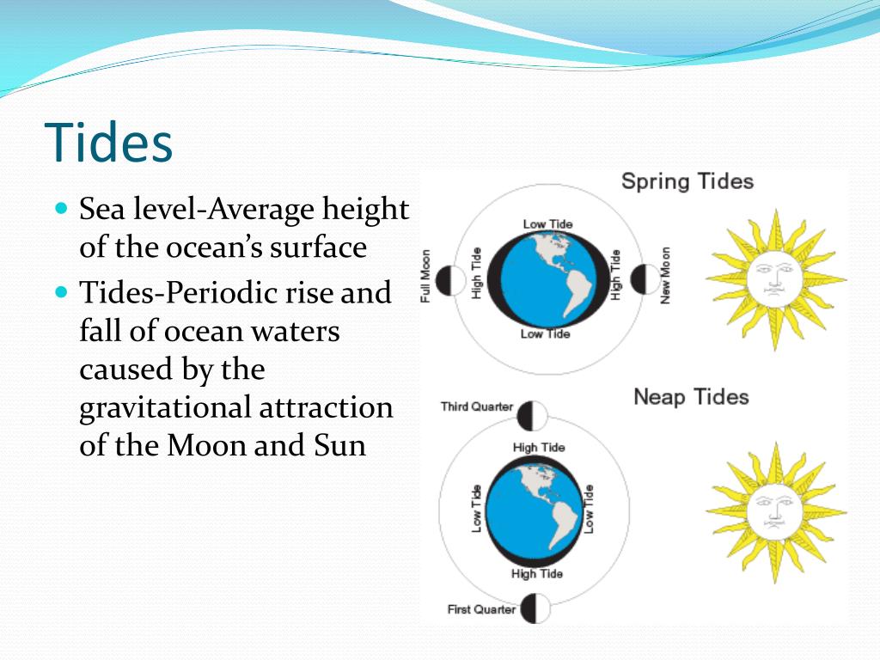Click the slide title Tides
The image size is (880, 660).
tap(108, 143)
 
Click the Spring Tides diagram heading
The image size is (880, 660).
tap(687, 181)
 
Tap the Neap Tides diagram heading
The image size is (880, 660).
tap(691, 397)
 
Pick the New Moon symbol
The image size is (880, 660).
tap(643, 279)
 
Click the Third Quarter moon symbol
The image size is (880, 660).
tap(533, 415)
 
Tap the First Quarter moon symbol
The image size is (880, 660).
tap(535, 608)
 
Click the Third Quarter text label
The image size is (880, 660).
tap(476, 406)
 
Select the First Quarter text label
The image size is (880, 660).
tap(481, 609)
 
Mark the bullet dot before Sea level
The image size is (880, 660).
tap(60, 209)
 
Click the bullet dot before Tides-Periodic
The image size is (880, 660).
tap(60, 292)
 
